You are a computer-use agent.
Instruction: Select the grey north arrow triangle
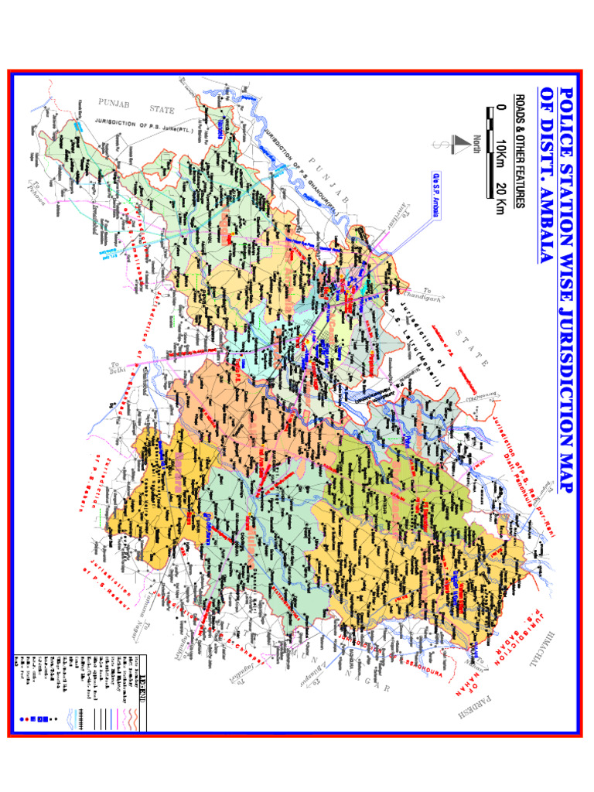pyautogui.click(x=463, y=142)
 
